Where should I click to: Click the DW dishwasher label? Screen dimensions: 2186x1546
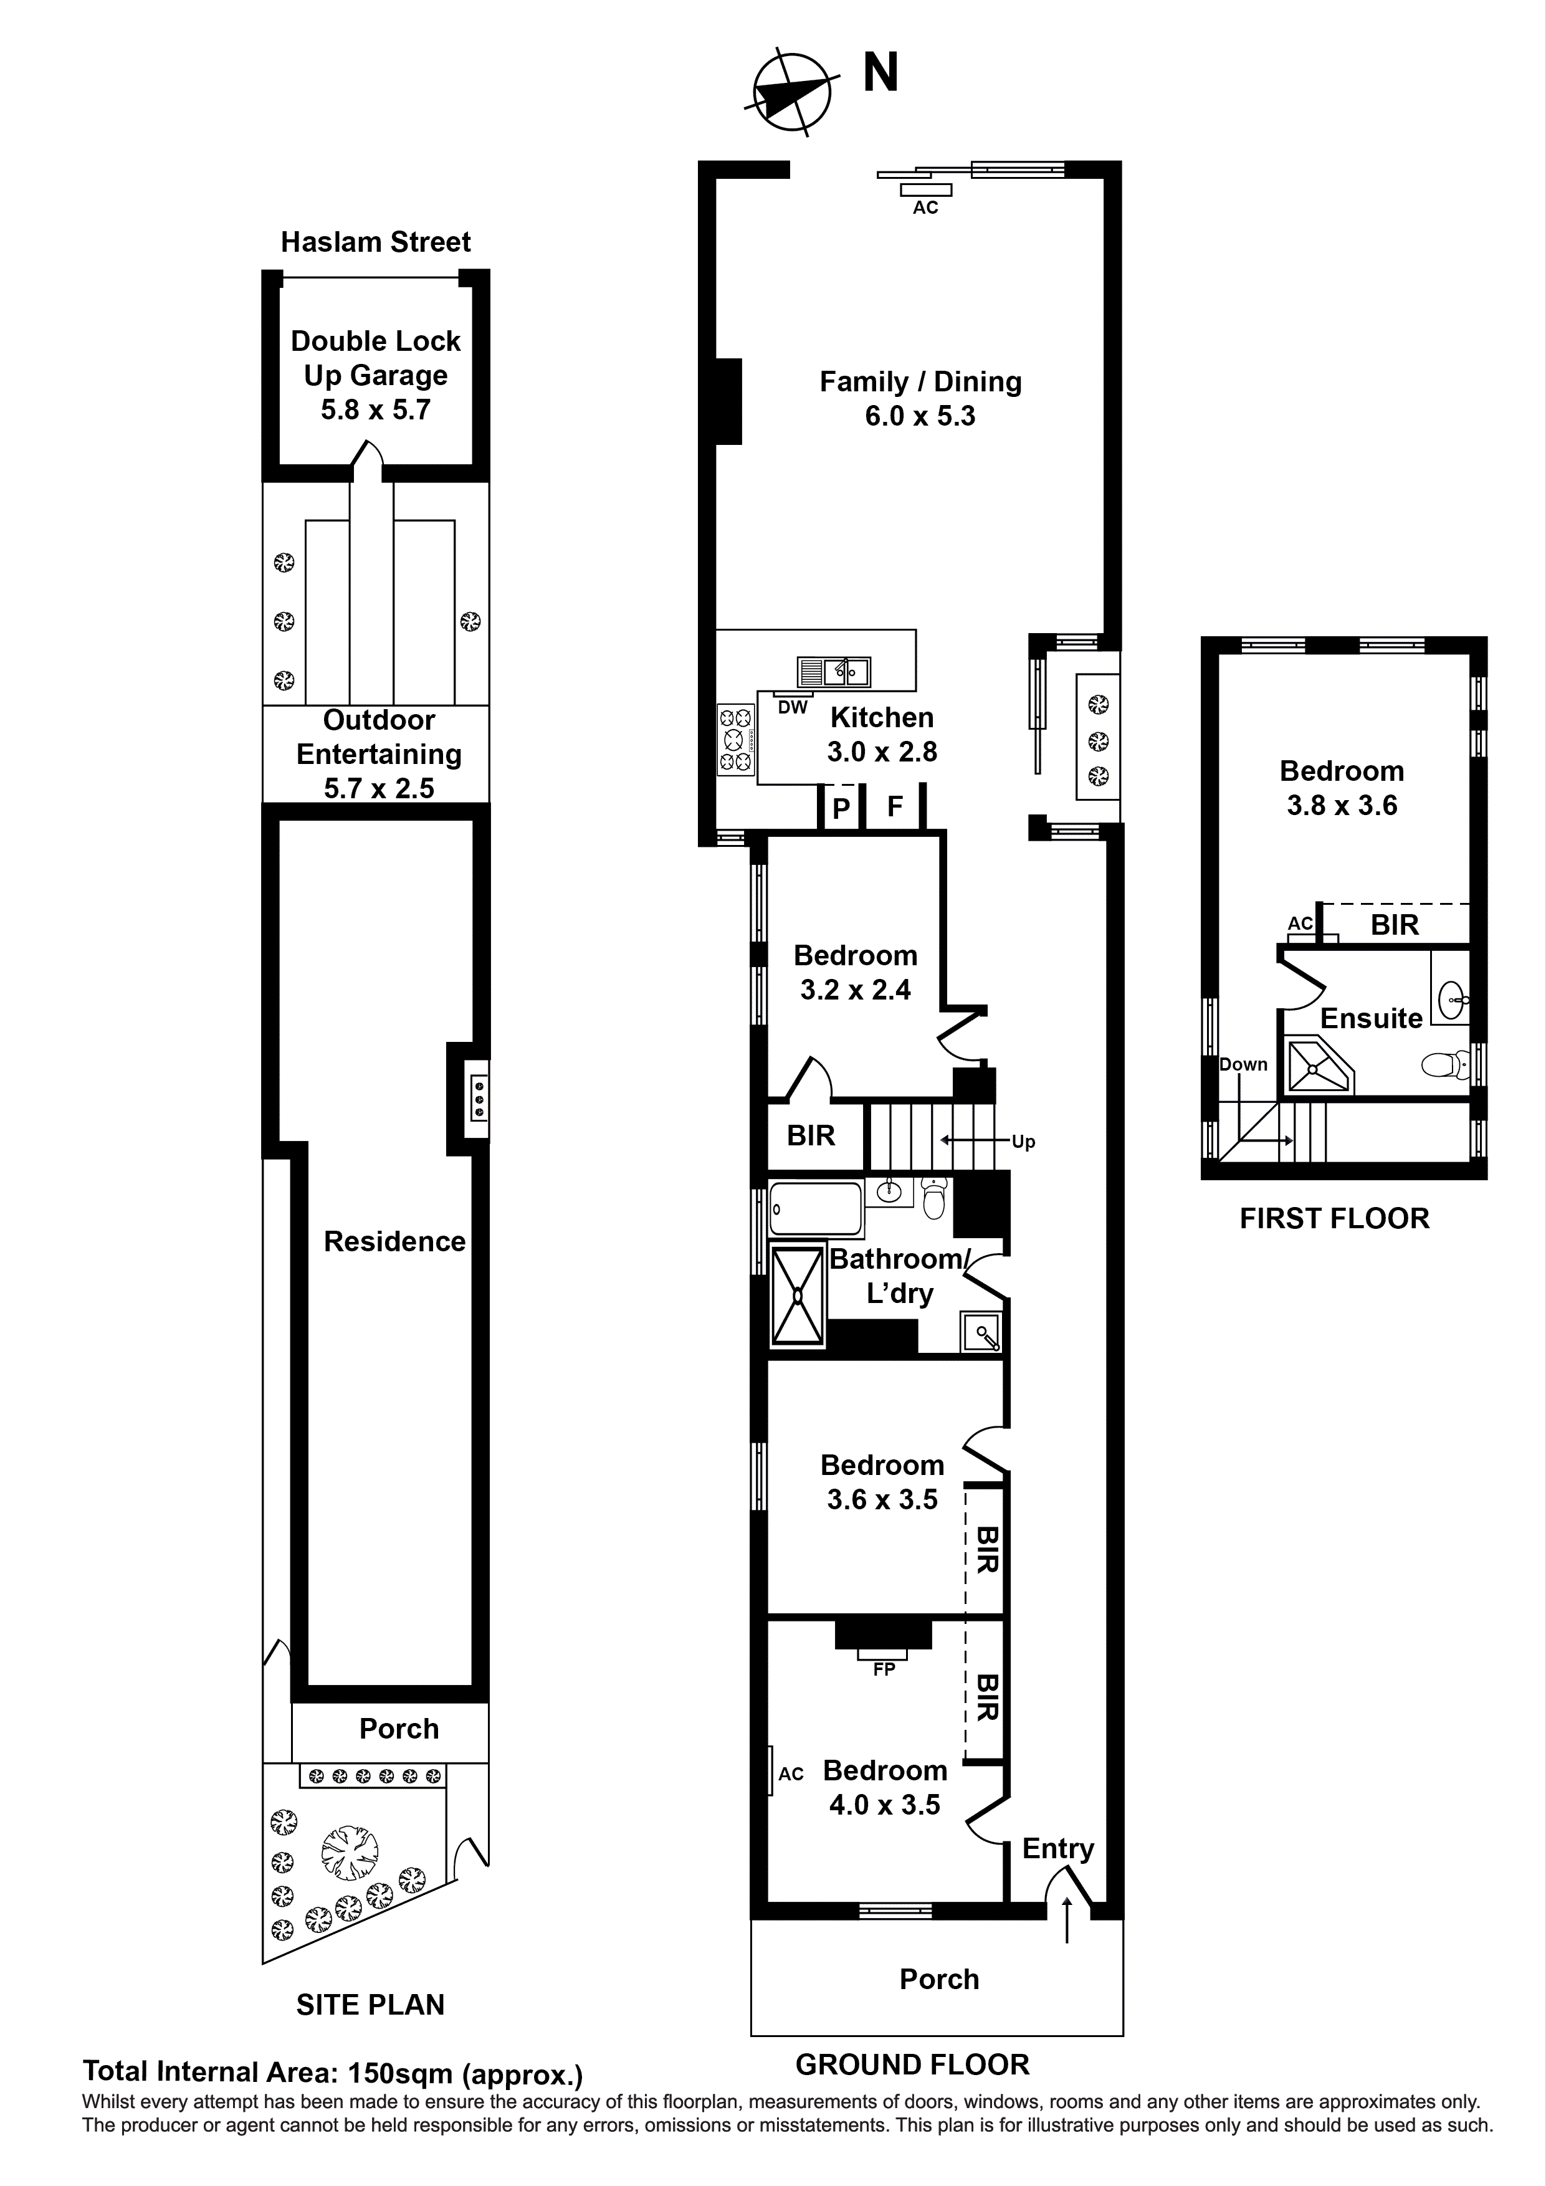point(792,707)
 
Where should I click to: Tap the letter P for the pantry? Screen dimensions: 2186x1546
point(841,808)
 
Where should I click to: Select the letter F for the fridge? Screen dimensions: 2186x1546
point(895,806)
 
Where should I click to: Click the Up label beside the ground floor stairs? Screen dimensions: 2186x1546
point(1023,1142)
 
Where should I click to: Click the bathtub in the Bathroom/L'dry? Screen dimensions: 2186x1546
point(815,1209)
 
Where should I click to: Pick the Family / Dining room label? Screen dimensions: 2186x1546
point(920,382)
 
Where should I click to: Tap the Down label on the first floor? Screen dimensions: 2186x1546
point(1243,1064)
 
